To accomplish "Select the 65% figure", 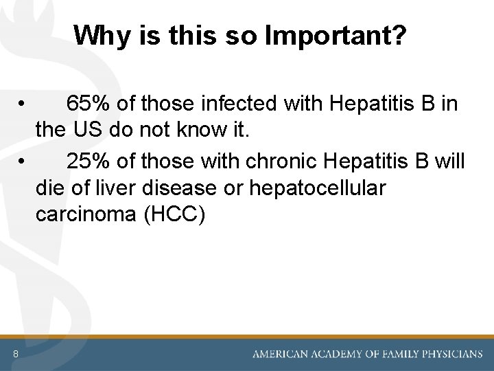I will [x=89, y=104].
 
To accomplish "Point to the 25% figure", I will [x=89, y=161].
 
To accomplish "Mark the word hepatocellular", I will [x=317, y=188].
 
